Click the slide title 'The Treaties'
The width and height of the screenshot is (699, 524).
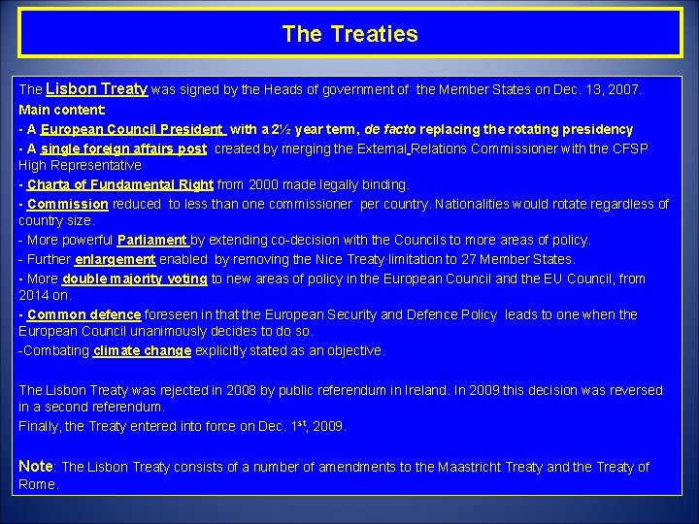click(x=349, y=35)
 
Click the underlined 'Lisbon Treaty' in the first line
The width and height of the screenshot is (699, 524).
click(x=96, y=88)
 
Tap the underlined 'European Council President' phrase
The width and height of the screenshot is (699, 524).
click(x=133, y=129)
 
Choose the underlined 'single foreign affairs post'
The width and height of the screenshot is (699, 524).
click(x=124, y=148)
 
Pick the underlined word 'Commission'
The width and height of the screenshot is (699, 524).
click(x=68, y=204)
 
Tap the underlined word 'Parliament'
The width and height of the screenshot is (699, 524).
click(x=151, y=240)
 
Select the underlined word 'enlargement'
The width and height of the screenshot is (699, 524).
click(x=115, y=259)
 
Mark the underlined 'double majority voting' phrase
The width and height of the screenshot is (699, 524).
click(x=135, y=278)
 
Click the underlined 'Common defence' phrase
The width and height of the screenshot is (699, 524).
click(x=84, y=314)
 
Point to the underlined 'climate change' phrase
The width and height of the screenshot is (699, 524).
click(x=142, y=350)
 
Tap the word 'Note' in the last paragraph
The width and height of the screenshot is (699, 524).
click(x=36, y=466)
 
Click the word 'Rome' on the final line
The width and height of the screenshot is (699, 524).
click(x=36, y=483)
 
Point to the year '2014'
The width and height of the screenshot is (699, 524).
click(x=34, y=295)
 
